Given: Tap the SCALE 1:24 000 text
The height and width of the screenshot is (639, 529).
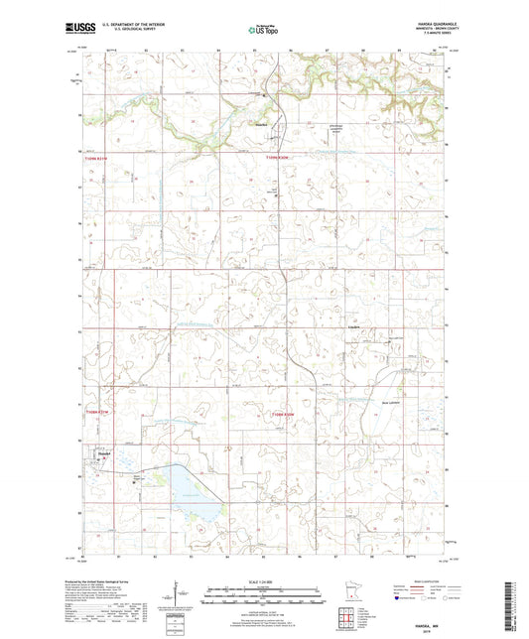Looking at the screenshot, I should pos(264,580).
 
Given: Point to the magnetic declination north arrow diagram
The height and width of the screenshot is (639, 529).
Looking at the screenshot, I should pos(179,597).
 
